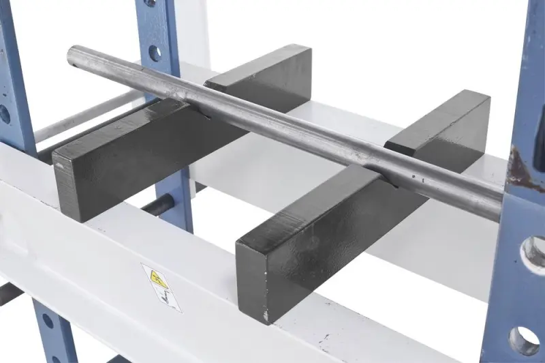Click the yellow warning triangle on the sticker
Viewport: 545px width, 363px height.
tap(158, 278)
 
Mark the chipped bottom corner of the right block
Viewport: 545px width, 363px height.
tap(266, 318)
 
